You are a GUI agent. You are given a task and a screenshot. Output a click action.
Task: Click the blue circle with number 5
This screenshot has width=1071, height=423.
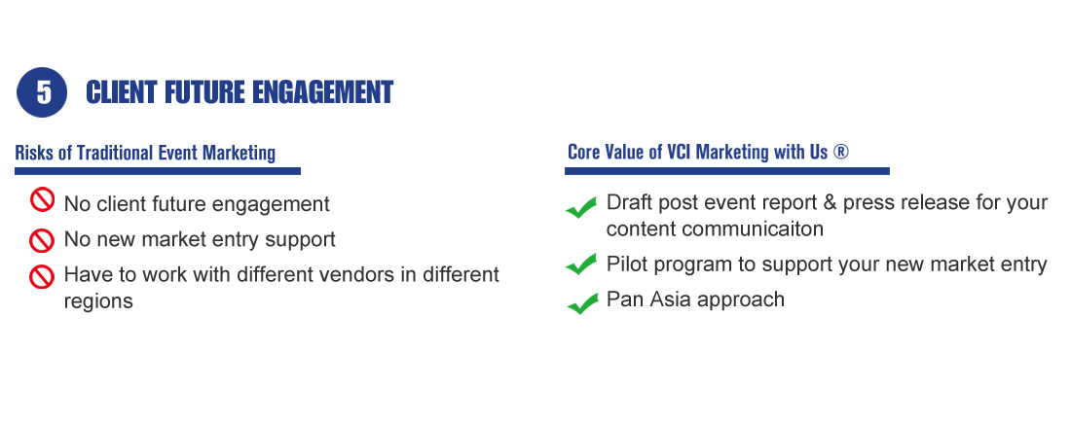click(42, 92)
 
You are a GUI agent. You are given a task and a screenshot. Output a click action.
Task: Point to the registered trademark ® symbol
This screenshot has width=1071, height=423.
click(841, 152)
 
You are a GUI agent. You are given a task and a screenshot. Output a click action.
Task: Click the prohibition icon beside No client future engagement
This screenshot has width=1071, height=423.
click(42, 200)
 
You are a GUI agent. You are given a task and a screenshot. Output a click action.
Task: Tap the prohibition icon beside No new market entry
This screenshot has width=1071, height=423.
click(42, 240)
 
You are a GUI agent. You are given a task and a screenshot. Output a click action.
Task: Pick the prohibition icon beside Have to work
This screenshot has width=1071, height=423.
click(42, 276)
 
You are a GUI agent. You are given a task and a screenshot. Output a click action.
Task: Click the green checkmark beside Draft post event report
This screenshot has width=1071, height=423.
click(582, 207)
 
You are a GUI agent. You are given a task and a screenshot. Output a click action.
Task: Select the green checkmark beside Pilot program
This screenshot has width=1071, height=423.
click(582, 264)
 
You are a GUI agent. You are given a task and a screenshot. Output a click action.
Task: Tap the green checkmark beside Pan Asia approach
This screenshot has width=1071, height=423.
click(582, 303)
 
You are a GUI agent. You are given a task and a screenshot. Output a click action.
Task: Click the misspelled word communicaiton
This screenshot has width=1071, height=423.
click(753, 229)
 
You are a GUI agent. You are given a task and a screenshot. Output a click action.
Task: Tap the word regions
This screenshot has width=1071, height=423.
click(98, 301)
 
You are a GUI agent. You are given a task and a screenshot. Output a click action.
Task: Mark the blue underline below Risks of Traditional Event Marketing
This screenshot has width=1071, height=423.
click(158, 171)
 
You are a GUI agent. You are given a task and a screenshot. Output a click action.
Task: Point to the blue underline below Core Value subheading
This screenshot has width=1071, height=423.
click(726, 171)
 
